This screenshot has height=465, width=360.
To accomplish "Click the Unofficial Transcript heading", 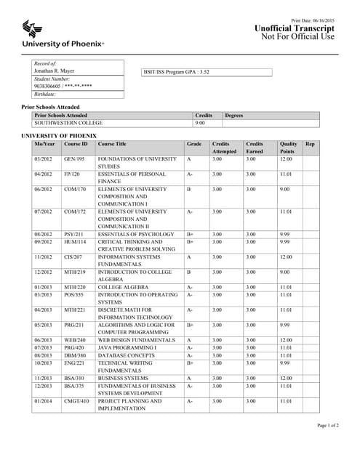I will (x=295, y=27).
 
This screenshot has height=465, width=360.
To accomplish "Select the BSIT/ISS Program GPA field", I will (x=207, y=73).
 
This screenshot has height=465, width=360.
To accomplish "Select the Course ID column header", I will (x=76, y=144).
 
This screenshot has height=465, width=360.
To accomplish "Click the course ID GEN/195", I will (x=74, y=158).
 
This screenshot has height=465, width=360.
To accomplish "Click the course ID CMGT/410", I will (x=76, y=400).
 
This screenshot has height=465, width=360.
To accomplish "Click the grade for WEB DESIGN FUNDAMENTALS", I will (x=188, y=340).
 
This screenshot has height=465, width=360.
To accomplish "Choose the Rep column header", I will (x=311, y=144).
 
